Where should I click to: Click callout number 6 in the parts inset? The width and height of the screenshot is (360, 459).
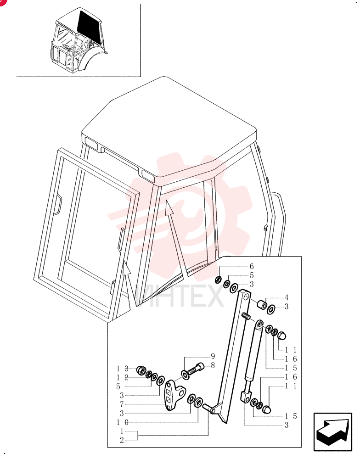coord(252,266)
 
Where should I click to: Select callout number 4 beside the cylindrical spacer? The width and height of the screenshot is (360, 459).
coord(286,298)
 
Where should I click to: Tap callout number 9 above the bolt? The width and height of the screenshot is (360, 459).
coord(213,356)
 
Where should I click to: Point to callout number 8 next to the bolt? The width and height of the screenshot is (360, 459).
coord(213,365)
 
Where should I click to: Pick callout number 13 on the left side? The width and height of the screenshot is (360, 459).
coord(123,369)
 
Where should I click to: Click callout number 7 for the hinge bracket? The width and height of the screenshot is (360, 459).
coord(122,404)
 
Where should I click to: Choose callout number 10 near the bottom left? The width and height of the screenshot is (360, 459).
coord(123,422)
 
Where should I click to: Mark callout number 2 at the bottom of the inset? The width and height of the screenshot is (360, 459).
coord(122,440)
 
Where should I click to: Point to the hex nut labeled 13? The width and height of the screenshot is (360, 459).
coord(141,370)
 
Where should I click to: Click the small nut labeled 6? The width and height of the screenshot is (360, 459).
coord(218,280)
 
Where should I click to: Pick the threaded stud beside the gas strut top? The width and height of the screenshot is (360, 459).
coord(246,316)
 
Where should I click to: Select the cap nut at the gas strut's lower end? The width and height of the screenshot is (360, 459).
coord(266,409)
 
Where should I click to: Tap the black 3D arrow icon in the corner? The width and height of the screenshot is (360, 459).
coord(333,432)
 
